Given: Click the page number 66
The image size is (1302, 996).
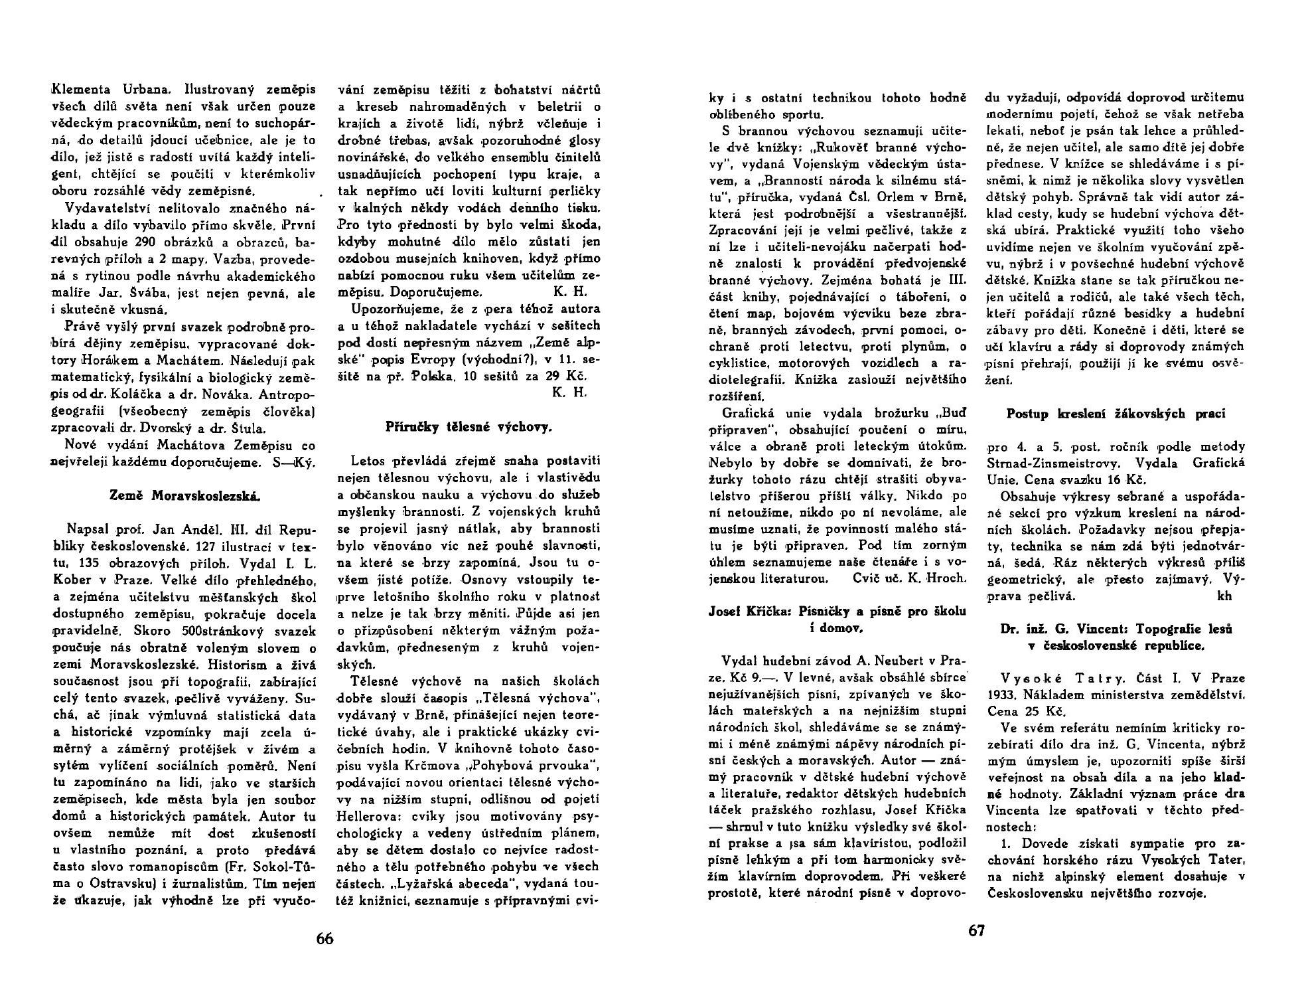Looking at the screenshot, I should tap(325, 938).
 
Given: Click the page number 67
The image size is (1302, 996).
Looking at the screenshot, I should tap(976, 930).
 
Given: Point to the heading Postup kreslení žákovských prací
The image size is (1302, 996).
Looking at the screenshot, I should tap(1116, 414).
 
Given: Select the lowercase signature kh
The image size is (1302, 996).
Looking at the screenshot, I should tap(1224, 595).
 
